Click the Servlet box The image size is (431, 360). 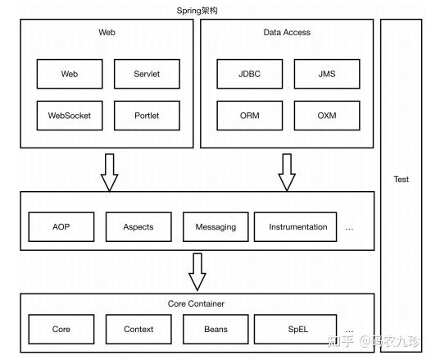pos(147,74)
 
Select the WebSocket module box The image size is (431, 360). pos(70,116)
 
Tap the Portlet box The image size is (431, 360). pos(147,116)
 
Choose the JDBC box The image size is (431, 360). pos(250,74)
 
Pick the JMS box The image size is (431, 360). pos(327,74)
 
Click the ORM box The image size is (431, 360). pos(250,116)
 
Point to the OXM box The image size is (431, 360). pos(327,116)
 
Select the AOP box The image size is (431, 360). pos(61,227)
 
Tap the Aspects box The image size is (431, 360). pos(138,227)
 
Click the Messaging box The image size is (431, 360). pos(215,227)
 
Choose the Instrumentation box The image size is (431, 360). pos(296,227)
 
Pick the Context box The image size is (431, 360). pos(138,329)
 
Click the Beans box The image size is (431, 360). pos(215,329)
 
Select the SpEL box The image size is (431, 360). pos(296,329)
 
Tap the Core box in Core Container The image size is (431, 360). pos(61,329)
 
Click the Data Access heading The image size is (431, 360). pos(287,33)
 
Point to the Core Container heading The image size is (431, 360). pos(196,303)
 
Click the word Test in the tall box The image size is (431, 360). pos(401,180)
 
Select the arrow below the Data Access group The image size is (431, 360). pos(287,172)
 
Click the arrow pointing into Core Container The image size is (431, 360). pos(197,272)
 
